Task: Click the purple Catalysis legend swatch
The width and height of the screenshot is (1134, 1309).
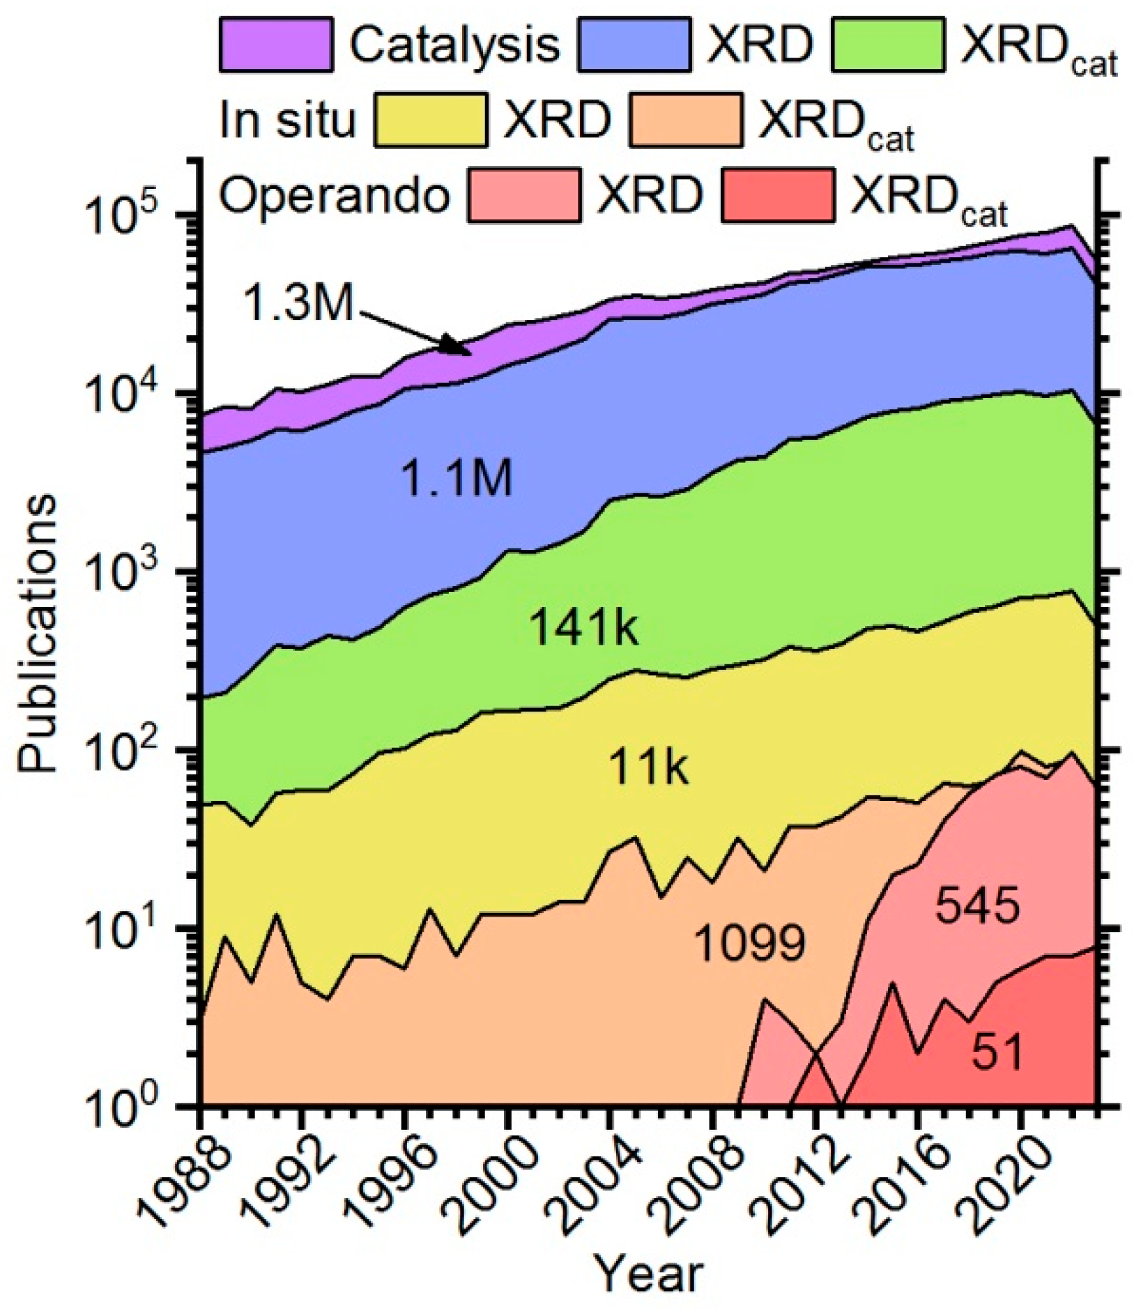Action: click(x=275, y=45)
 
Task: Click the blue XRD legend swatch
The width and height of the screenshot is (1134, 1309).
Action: click(x=634, y=45)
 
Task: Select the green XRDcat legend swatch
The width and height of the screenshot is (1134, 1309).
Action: click(x=888, y=45)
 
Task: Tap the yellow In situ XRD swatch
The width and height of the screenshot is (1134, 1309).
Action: click(x=430, y=121)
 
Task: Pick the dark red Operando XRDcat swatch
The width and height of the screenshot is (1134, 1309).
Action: click(x=778, y=195)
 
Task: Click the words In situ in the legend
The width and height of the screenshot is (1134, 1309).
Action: click(x=287, y=121)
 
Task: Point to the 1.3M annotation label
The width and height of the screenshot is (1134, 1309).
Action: click(x=300, y=305)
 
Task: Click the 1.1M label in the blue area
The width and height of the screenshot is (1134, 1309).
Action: click(x=457, y=480)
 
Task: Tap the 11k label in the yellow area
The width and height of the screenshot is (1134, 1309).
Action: click(x=649, y=769)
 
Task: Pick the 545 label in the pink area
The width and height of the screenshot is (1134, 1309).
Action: click(x=977, y=907)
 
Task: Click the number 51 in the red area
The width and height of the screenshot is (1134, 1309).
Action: click(x=997, y=1052)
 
